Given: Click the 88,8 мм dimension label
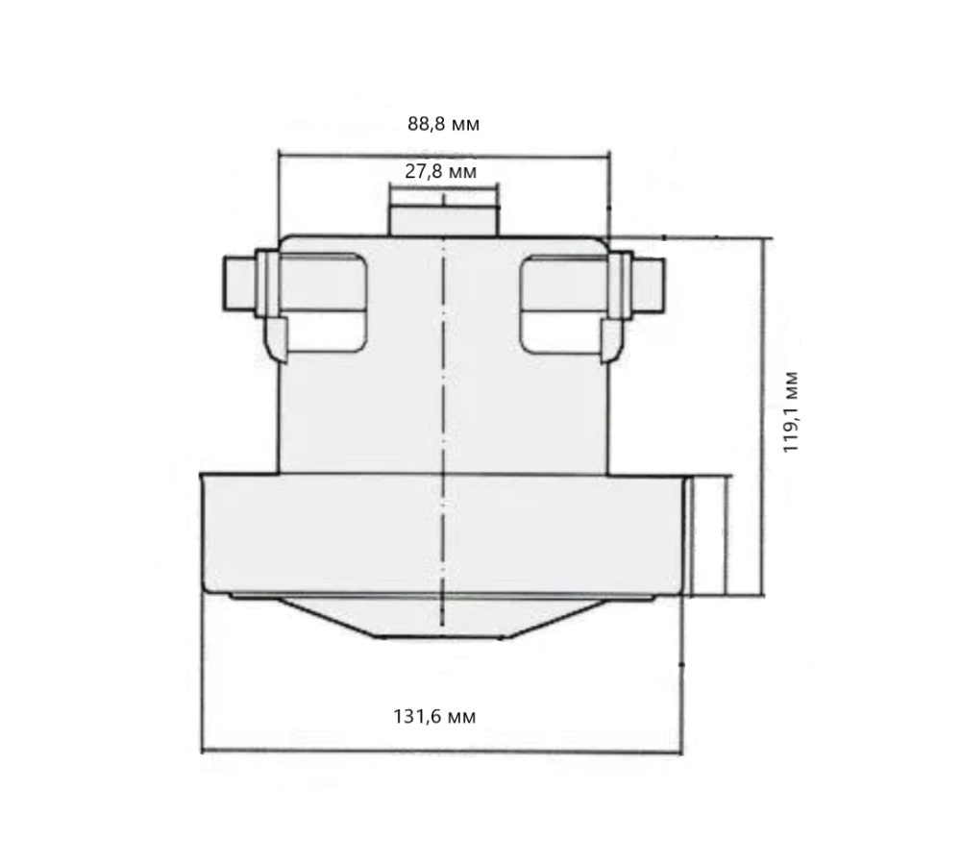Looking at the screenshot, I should (x=443, y=124).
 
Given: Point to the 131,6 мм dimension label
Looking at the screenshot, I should (x=434, y=716).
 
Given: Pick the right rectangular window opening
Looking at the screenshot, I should (x=562, y=300).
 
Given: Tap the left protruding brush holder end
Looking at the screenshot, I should (x=237, y=284).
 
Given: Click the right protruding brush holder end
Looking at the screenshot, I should (x=651, y=284).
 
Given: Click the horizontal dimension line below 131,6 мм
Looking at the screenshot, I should (x=442, y=752).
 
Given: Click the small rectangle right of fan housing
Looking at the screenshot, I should (x=708, y=535).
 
